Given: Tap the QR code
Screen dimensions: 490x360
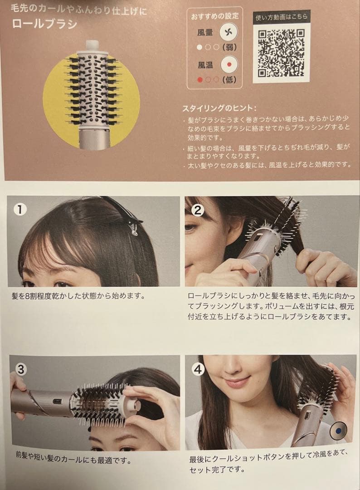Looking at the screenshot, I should (281, 53).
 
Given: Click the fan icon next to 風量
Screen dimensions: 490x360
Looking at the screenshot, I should (229, 33).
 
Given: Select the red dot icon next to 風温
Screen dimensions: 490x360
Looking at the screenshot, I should (229, 65).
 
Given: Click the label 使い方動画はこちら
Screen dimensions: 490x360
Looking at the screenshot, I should (281, 17).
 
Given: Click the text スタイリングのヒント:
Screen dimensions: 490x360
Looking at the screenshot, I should (219, 109).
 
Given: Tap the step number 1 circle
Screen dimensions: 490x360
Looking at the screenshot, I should (20, 209).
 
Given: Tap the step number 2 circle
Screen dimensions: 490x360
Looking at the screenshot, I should (198, 210).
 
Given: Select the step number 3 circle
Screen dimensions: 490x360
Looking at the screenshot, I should (21, 369).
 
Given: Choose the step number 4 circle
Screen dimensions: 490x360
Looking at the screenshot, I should (198, 369).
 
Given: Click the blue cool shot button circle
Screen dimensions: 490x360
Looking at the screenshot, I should (338, 429).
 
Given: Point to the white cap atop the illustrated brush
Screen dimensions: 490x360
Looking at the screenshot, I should (92, 45).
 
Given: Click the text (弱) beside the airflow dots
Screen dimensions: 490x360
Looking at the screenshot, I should (230, 47).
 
